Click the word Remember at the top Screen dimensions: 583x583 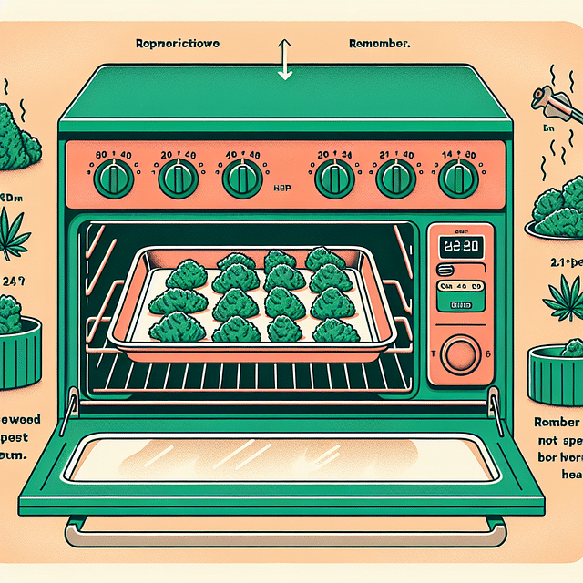(380, 43)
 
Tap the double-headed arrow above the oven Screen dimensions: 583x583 (284, 59)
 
